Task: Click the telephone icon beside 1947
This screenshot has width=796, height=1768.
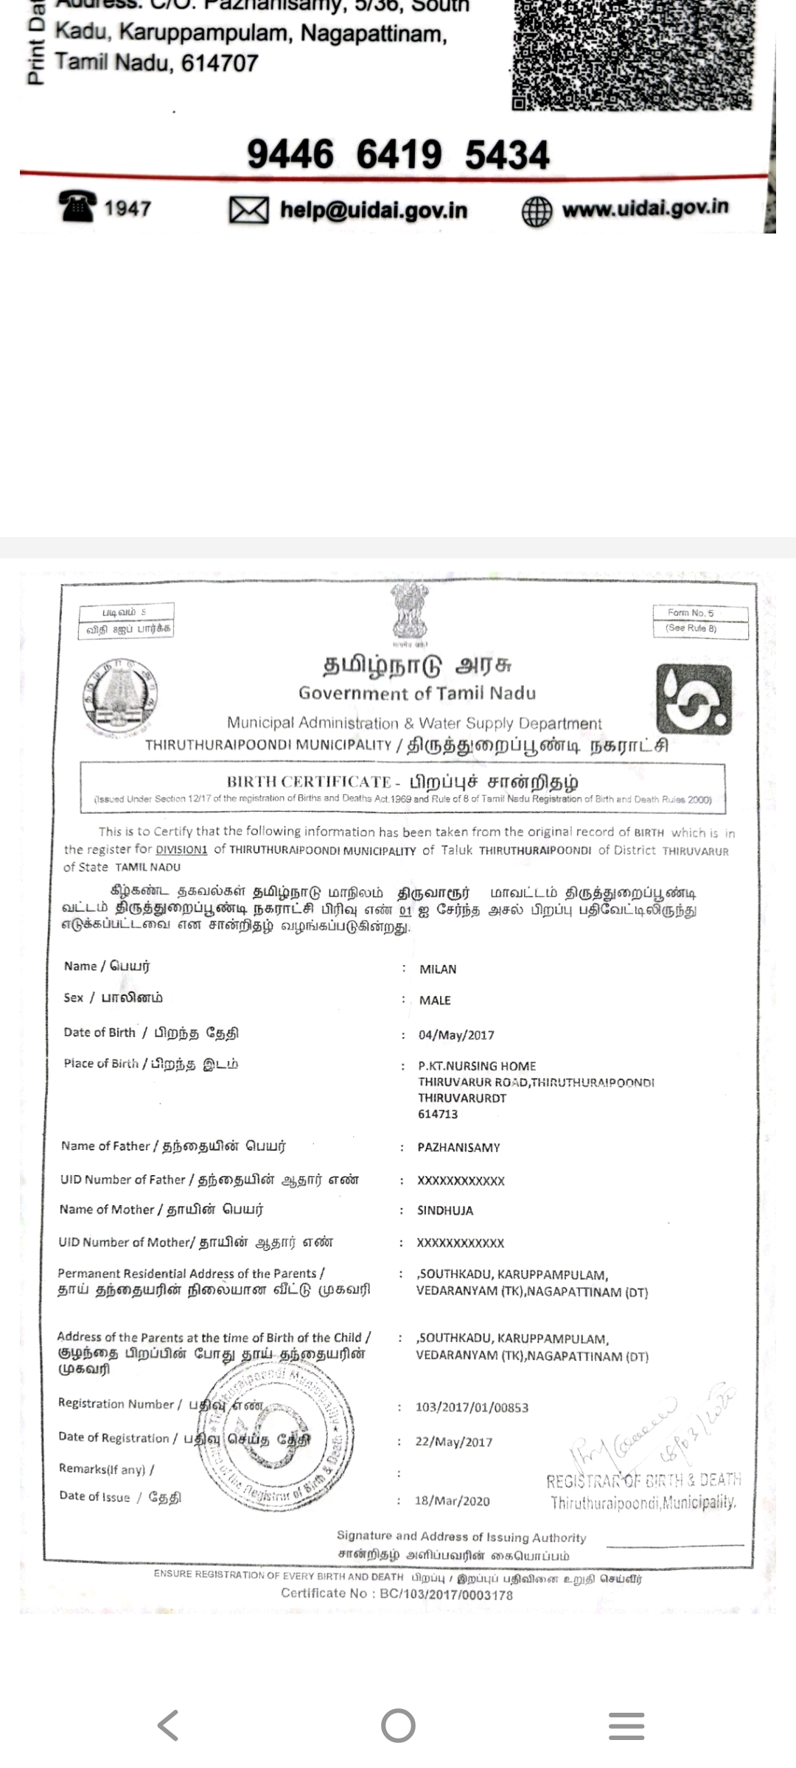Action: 77,206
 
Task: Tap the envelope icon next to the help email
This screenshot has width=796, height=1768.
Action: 248,210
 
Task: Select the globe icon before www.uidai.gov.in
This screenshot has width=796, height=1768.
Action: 537,211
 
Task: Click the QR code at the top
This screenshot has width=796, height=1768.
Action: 632,53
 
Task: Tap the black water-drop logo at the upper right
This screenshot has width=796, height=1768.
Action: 694,699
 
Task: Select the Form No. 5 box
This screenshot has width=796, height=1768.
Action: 700,620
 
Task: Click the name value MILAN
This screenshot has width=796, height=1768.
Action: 438,969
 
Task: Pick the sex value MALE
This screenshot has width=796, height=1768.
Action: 435,1000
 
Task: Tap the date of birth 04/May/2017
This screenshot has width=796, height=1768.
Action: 456,1035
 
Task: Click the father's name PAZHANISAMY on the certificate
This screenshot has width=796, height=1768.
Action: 458,1148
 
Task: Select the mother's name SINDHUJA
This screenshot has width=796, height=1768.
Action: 445,1210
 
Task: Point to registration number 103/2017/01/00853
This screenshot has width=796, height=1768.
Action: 472,1408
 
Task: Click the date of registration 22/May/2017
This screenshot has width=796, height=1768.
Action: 453,1442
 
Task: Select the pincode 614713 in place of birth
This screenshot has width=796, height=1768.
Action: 438,1114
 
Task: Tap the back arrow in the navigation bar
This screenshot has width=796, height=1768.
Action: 168,1725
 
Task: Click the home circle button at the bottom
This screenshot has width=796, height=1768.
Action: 398,1725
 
